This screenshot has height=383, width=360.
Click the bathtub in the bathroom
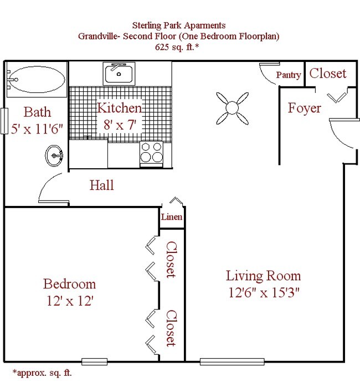tap(37, 79)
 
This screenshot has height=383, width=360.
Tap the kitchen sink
tap(119, 74)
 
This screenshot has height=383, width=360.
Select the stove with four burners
tap(152, 154)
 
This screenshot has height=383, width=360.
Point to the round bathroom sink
tap(54, 156)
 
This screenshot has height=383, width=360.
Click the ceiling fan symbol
tap(232, 108)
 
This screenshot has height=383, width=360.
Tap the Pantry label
tap(289, 75)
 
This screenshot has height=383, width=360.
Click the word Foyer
tap(304, 108)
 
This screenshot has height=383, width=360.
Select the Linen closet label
tap(172, 216)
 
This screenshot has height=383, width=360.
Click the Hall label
tap(102, 185)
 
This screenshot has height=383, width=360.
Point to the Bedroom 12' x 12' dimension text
tap(70, 301)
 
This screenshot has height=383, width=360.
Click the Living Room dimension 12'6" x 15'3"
tap(264, 292)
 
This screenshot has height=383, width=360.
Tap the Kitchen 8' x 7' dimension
tap(120, 125)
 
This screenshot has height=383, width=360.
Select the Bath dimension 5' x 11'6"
tap(37, 129)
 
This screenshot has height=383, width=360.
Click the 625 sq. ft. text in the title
tap(177, 46)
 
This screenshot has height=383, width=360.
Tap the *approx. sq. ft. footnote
tap(42, 372)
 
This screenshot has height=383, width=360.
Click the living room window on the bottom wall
tap(232, 361)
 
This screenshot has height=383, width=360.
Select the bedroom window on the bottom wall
tap(94, 361)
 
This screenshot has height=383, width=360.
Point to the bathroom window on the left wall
tap(4, 121)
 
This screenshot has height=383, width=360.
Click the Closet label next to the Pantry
tap(328, 73)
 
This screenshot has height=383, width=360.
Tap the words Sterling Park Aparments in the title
tap(179, 25)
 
